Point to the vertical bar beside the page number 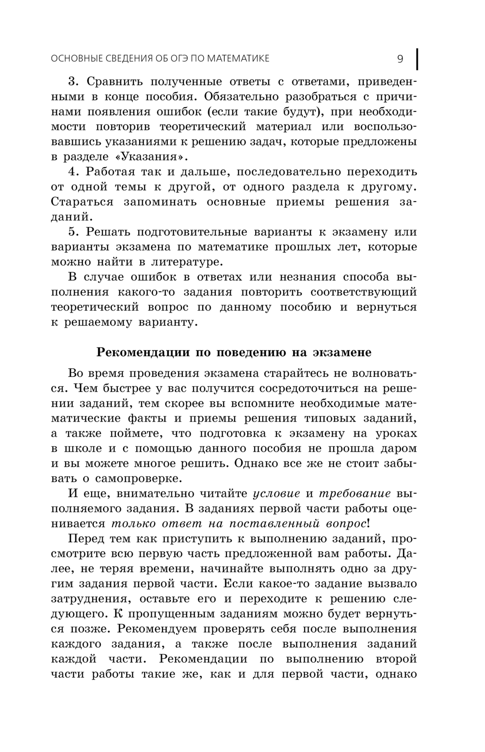tap(417, 59)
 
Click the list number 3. tap(73, 82)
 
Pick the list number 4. tap(73, 172)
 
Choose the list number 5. tap(73, 233)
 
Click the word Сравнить tap(113, 82)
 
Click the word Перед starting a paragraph tap(87, 539)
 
